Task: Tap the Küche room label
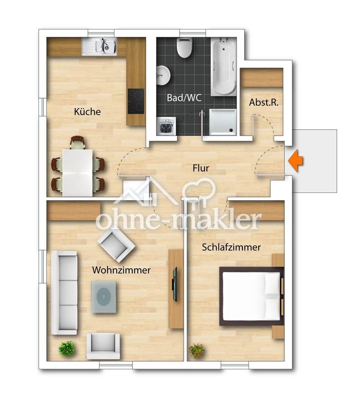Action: tap(87, 111)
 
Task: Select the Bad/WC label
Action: tap(184, 98)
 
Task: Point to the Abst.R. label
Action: tap(263, 102)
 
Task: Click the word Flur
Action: tap(201, 168)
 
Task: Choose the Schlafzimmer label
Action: tap(231, 247)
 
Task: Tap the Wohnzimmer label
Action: tap(122, 270)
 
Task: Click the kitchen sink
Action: tap(100, 46)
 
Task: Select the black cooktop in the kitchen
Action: tap(136, 101)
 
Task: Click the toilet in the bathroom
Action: tap(184, 48)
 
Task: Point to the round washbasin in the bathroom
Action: tap(163, 75)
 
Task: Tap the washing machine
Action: tap(166, 126)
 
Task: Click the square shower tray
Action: tap(223, 122)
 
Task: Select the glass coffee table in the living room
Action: tap(104, 297)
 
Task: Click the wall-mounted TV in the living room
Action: tap(175, 284)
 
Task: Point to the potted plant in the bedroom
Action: tap(197, 351)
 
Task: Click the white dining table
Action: tap(77, 173)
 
